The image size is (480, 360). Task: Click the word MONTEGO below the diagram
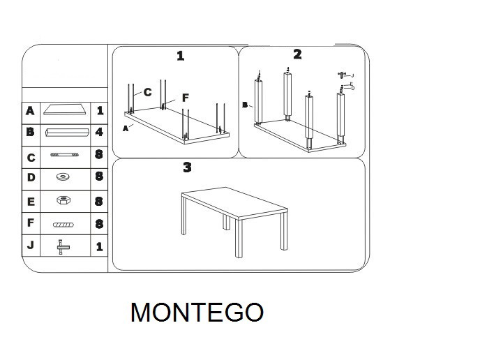(197, 312)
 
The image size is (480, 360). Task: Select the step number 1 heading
(181, 56)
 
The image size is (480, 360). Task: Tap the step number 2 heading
(297, 54)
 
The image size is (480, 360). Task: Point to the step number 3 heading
(187, 167)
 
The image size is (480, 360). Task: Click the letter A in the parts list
(30, 110)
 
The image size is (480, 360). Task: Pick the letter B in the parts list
(30, 132)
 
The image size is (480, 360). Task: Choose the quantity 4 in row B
(100, 132)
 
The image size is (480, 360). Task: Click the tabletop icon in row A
(66, 110)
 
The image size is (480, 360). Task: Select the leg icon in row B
(66, 132)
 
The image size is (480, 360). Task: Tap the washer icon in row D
(66, 177)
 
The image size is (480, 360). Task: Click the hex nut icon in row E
(66, 200)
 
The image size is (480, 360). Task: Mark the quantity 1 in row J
(100, 246)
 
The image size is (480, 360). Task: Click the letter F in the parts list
(30, 223)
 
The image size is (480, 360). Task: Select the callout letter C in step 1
(148, 91)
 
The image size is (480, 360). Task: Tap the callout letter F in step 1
(185, 98)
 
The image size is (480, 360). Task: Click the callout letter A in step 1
(126, 128)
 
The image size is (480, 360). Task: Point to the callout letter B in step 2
(245, 105)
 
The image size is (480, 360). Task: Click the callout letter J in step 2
(352, 75)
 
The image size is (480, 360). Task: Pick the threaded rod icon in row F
(66, 224)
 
